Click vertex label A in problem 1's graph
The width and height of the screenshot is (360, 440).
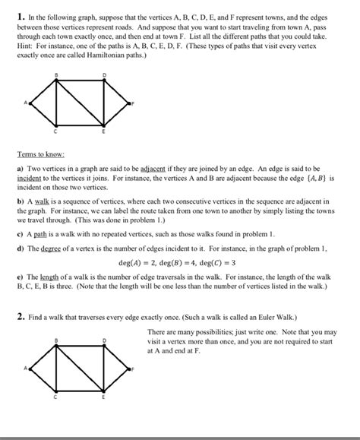pyautogui.click(x=25, y=102)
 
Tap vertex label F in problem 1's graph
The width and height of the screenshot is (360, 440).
pyautogui.click(x=132, y=102)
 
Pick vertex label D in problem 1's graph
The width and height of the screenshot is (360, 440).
pyautogui.click(x=103, y=74)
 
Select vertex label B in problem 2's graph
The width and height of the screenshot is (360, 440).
pyautogui.click(x=55, y=340)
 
